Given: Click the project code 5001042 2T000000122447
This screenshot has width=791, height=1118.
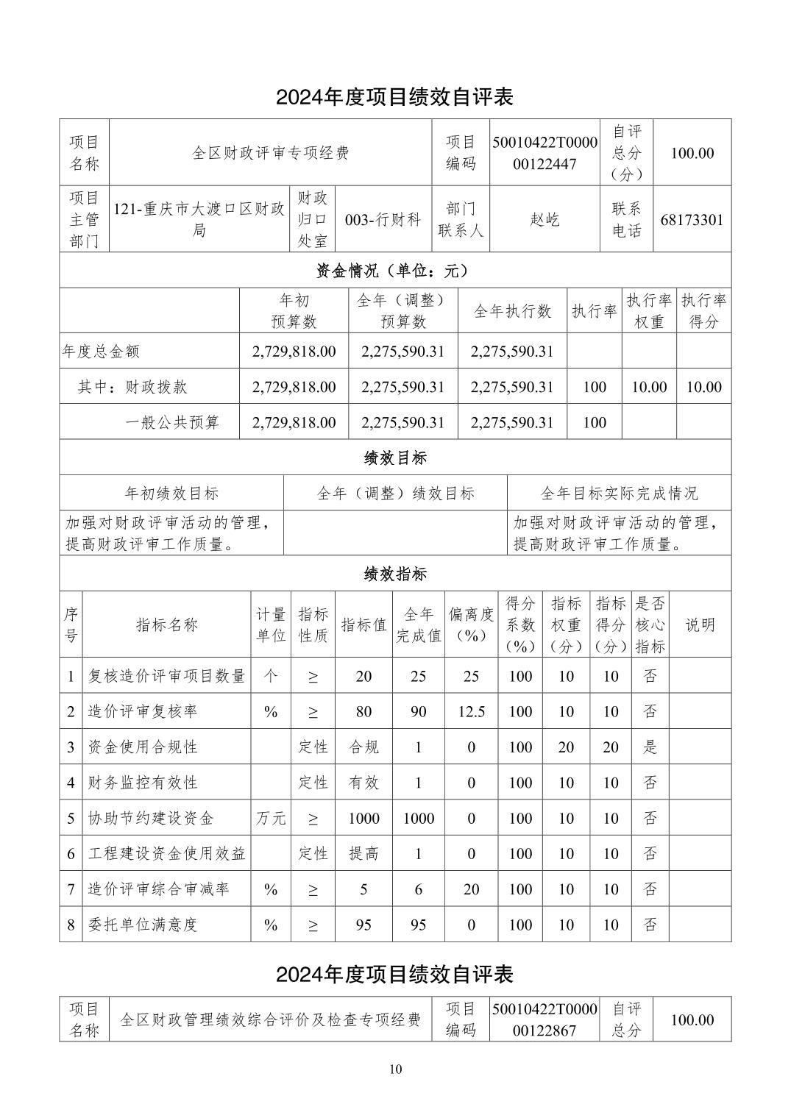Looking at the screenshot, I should (545, 153).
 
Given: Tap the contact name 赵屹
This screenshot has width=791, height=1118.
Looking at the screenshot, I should (545, 219).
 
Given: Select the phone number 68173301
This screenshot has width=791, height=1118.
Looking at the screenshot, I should (692, 219).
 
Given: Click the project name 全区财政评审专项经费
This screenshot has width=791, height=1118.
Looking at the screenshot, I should (270, 153).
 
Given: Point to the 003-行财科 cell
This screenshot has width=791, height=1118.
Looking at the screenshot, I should (383, 219).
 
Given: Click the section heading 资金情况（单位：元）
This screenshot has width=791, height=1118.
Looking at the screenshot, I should (395, 271).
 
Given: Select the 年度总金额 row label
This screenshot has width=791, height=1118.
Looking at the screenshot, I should (101, 352).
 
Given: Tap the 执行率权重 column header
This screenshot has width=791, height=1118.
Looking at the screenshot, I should (649, 311).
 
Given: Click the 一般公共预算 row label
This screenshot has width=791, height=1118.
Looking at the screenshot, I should (172, 422).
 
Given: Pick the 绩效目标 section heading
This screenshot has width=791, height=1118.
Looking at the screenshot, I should (395, 458).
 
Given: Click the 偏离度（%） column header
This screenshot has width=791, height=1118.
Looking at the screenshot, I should (471, 625).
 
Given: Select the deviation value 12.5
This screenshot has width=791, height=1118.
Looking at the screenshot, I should (471, 711).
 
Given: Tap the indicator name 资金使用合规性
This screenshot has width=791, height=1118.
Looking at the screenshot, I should (143, 747).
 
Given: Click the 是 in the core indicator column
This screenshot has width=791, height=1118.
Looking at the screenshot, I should (650, 747).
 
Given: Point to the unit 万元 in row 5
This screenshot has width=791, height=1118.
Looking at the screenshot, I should (271, 818).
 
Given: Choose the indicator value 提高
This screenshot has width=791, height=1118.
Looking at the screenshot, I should (363, 853).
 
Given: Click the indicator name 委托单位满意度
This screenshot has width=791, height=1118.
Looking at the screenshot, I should (143, 925).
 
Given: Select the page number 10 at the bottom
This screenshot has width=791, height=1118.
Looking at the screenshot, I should (395, 1069).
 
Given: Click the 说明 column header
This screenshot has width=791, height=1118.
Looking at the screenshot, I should (700, 625).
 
